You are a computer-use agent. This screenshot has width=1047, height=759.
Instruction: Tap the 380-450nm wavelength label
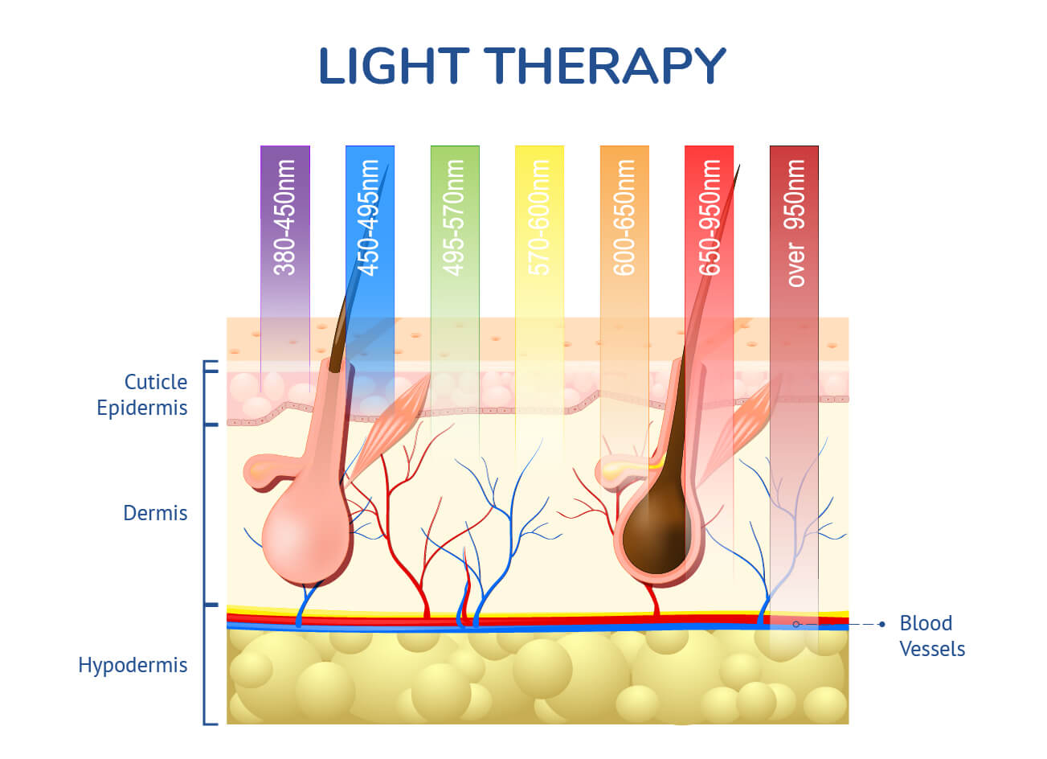coord(284,217)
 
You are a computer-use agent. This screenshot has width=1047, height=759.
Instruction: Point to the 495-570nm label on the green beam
coord(453,217)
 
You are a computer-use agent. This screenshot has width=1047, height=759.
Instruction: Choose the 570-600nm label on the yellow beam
coord(538,217)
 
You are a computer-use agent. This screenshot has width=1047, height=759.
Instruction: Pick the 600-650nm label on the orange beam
coord(624,217)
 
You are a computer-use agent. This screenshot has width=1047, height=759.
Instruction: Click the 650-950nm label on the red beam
coord(709,217)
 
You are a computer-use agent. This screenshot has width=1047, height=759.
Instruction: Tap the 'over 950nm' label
coord(795,224)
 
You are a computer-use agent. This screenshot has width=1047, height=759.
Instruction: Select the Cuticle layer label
coord(156,382)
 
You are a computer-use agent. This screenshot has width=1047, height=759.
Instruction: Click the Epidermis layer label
coord(142,408)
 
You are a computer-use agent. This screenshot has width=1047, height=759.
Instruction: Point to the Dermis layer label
coord(155,513)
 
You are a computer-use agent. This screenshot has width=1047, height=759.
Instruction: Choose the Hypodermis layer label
coord(133,666)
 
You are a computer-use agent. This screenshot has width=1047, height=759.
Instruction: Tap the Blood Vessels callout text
coord(932,636)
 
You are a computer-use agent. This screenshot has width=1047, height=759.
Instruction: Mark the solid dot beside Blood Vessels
coord(882,624)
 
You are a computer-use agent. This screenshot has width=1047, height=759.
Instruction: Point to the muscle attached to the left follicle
coord(391,430)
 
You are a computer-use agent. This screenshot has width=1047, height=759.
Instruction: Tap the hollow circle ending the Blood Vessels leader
coord(796,624)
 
